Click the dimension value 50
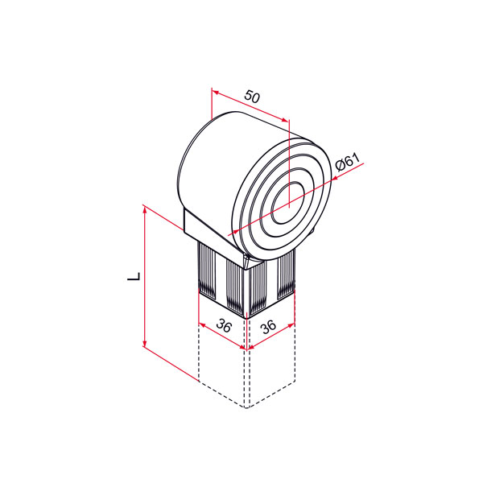pos(252,97)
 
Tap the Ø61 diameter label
pos(348,162)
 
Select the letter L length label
pos(134,276)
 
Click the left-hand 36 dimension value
pos(223,325)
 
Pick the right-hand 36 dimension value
pos(269,327)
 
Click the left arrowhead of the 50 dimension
pos(216,93)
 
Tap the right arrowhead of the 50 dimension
pos(285,120)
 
